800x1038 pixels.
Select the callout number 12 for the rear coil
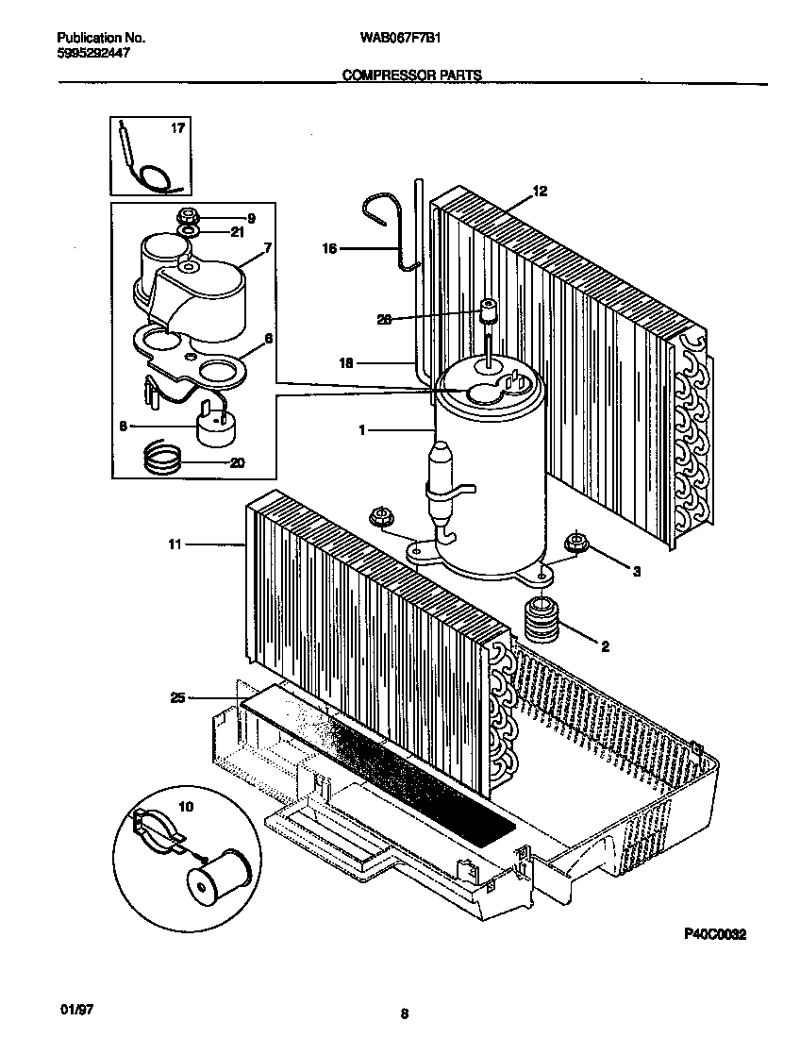tap(540, 191)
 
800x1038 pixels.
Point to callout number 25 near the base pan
tap(177, 697)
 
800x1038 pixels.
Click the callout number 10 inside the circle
tap(184, 807)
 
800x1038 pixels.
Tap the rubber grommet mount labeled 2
tap(542, 620)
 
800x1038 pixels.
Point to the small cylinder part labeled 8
tap(214, 425)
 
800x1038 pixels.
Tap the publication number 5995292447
tap(94, 54)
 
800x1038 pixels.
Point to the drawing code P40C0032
tap(714, 934)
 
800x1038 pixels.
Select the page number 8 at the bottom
tap(404, 1014)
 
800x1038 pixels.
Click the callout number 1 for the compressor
tap(361, 429)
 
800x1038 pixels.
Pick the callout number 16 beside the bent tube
tap(329, 248)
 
